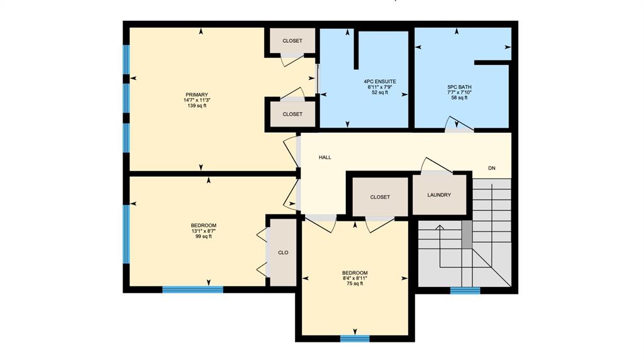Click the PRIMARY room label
click(x=197, y=95)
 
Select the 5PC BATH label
click(x=460, y=87)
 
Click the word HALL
click(x=325, y=157)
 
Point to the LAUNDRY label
click(x=439, y=195)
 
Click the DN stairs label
click(x=492, y=168)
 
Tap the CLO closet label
click(x=283, y=253)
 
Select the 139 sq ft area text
click(x=197, y=106)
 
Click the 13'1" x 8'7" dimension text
click(x=203, y=231)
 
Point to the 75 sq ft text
click(x=355, y=284)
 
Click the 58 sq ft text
click(x=460, y=98)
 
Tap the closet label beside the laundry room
click(x=380, y=197)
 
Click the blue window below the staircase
click(x=465, y=291)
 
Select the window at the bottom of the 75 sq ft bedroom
click(x=355, y=339)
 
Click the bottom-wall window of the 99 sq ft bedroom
click(x=192, y=290)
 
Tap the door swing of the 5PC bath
click(x=459, y=124)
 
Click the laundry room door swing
click(x=436, y=164)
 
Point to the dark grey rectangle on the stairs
click(x=467, y=234)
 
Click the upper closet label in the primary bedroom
click(x=292, y=41)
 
